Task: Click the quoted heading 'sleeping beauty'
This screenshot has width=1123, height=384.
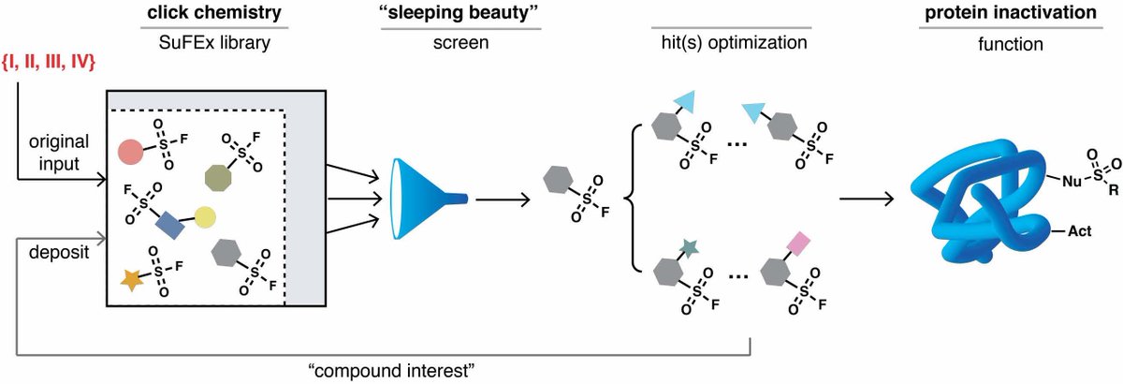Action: [x=460, y=13]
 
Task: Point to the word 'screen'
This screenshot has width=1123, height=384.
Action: [x=460, y=43]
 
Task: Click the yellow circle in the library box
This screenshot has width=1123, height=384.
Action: [x=206, y=216]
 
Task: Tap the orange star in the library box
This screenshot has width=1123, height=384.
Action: [x=133, y=278]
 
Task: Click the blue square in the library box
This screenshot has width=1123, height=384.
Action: [x=170, y=223]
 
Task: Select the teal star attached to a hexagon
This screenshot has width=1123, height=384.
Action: [x=691, y=247]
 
